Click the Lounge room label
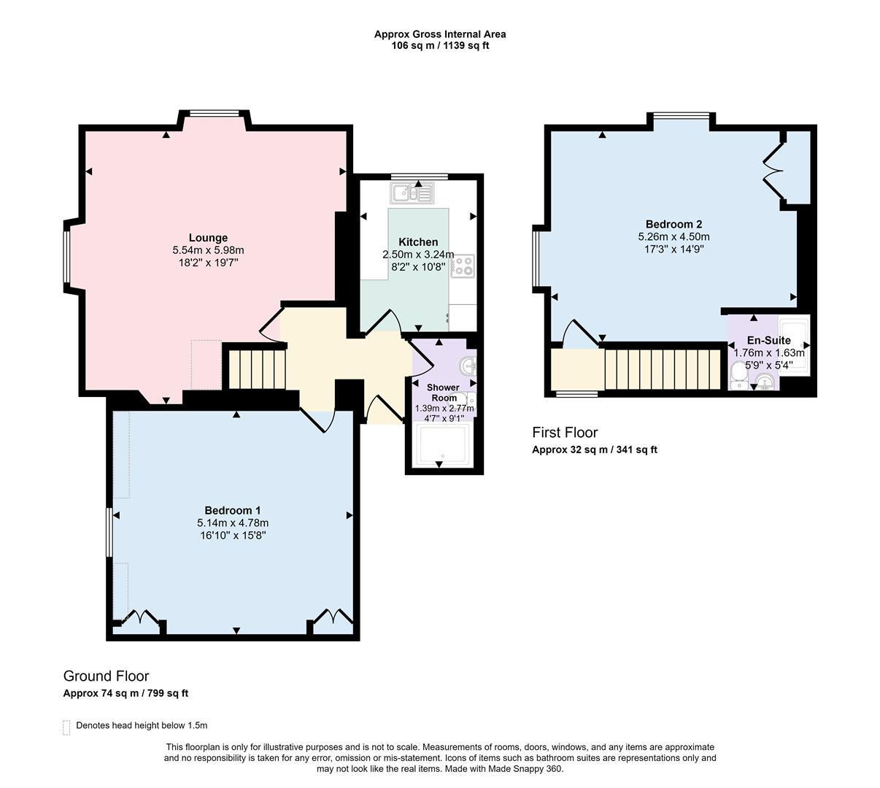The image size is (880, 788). (208, 238)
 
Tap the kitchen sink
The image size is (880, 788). (412, 193)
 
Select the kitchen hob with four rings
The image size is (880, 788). (463, 266)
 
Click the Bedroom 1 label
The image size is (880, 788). (232, 510)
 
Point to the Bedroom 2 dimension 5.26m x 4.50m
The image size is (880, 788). (673, 236)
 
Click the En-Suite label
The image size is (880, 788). (769, 340)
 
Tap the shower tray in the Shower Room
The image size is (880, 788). (443, 445)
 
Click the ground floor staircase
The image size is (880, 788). (257, 368)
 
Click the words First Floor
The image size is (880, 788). (565, 432)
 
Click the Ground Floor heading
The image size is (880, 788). (106, 676)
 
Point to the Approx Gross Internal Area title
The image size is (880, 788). (440, 34)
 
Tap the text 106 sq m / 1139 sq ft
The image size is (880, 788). (440, 46)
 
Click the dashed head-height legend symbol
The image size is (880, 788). (66, 727)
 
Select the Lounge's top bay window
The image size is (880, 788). (215, 114)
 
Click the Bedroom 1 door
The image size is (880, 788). (318, 420)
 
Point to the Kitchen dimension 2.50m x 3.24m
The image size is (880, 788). (418, 254)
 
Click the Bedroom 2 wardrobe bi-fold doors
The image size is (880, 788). (773, 171)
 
